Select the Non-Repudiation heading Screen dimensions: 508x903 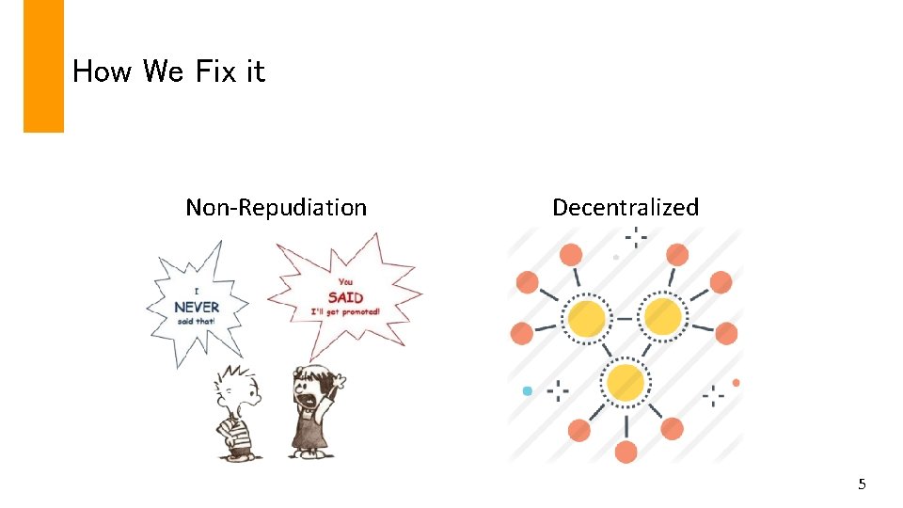(x=276, y=207)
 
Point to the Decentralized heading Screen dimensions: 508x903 (x=626, y=207)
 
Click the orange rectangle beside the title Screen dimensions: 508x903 (x=43, y=66)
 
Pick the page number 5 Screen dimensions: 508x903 (x=862, y=484)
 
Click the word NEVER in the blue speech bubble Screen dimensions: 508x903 (x=197, y=307)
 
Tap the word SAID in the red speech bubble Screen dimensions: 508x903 (x=345, y=297)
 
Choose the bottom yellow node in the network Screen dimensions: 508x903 (x=626, y=383)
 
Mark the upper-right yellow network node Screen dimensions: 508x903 (x=663, y=317)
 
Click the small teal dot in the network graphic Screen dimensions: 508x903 (x=528, y=390)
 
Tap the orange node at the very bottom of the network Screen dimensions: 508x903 (x=626, y=452)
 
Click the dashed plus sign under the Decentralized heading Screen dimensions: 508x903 (x=636, y=236)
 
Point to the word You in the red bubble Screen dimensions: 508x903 (x=345, y=281)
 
